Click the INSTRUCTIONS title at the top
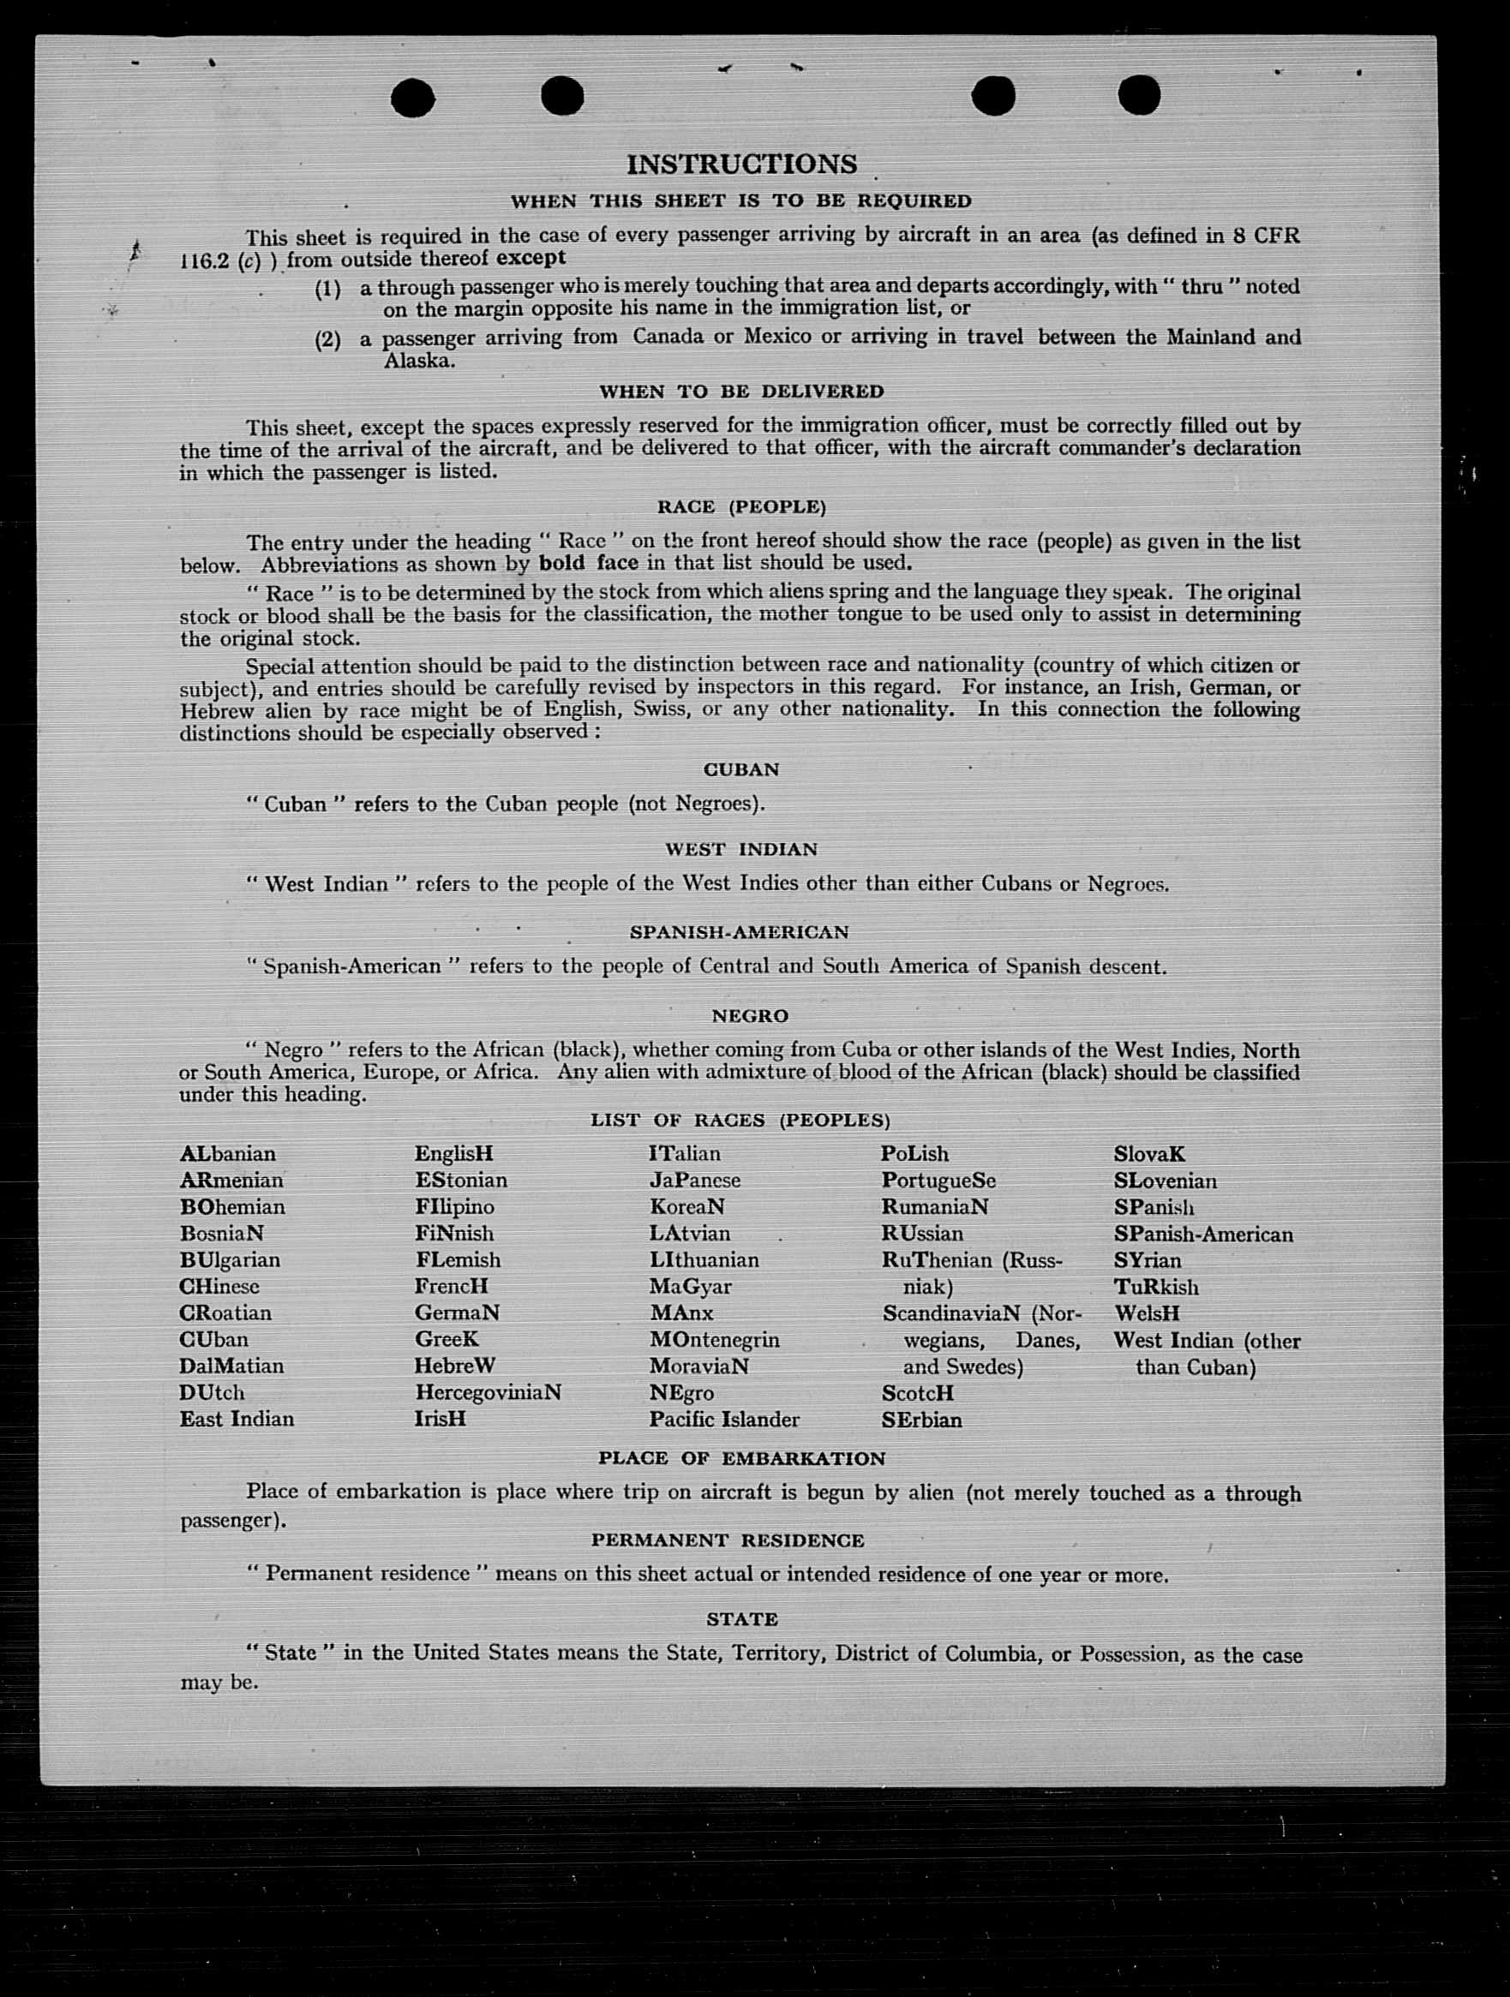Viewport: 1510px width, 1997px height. (741, 164)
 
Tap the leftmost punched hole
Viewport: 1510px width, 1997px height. (413, 98)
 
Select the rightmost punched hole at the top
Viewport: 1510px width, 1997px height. (1139, 95)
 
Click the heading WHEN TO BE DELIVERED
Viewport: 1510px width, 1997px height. (741, 392)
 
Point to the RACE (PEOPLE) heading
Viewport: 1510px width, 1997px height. (741, 506)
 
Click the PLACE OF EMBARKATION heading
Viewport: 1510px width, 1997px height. (741, 1458)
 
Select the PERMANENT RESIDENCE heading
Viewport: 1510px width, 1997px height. (728, 1540)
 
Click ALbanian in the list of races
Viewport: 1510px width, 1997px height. (228, 1154)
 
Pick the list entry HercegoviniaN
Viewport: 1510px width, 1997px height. (488, 1392)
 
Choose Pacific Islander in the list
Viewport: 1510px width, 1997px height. (724, 1420)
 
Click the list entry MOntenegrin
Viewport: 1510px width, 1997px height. (715, 1340)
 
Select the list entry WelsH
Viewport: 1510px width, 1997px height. (1147, 1313)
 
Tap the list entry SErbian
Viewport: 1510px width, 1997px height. (922, 1420)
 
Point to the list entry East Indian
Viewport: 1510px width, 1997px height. (237, 1420)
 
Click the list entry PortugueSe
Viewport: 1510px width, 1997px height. (939, 1181)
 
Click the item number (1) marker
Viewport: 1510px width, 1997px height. (327, 289)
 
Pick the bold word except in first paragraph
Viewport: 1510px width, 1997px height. (531, 258)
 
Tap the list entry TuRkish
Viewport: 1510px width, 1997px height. (1157, 1288)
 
